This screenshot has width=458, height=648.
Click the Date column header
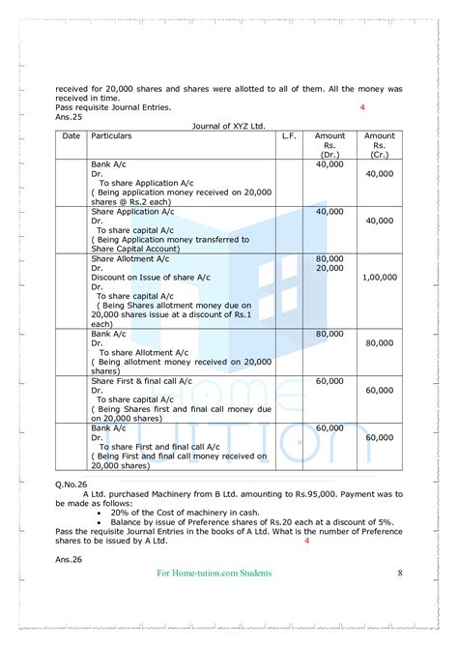point(72,136)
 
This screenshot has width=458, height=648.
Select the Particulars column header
point(111,136)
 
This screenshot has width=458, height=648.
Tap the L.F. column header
point(289,136)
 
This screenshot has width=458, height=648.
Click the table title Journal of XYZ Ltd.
point(228,125)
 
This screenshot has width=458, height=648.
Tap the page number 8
point(400,574)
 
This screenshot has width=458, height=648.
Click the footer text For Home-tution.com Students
point(214,574)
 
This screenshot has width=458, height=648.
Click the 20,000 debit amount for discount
point(329,268)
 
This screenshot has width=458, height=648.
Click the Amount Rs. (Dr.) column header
point(329,145)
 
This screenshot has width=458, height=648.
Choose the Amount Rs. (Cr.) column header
point(380,145)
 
